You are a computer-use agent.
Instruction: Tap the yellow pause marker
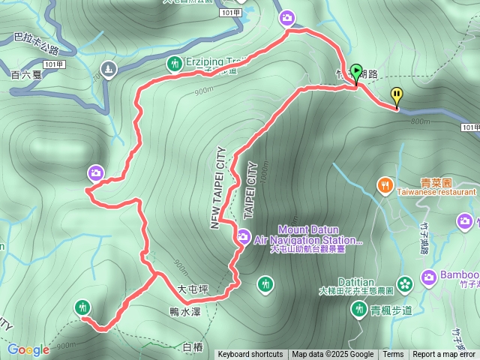[397, 95]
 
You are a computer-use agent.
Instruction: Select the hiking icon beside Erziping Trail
[174, 64]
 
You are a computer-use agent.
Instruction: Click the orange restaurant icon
[385, 184]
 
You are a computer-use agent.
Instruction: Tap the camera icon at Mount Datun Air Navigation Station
[243, 237]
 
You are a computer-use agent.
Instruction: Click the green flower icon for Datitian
[405, 283]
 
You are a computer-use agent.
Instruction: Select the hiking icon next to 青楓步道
[358, 307]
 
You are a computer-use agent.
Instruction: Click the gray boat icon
[109, 70]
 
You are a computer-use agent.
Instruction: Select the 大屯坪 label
[192, 288]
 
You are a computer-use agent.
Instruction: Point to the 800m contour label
[420, 121]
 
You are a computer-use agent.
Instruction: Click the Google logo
[28, 349]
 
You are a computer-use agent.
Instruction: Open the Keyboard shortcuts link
[250, 355]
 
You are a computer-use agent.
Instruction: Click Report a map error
[444, 355]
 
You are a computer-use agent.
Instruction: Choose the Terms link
[393, 355]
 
